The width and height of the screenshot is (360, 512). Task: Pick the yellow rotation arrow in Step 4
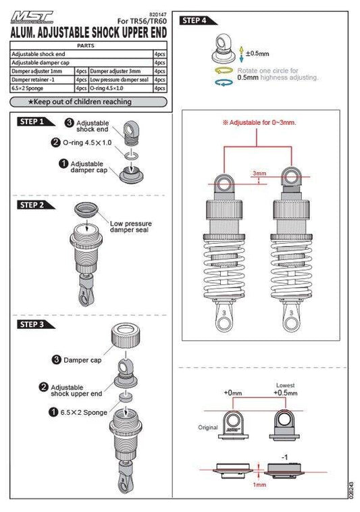pyautogui.click(x=224, y=70)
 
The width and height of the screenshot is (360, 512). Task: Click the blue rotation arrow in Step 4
pyautogui.click(x=224, y=82)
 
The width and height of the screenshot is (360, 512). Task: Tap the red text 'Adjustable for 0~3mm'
pyautogui.click(x=259, y=124)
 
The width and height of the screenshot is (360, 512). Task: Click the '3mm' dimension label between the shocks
pyautogui.click(x=259, y=173)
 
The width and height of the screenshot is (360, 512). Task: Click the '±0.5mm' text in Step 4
pyautogui.click(x=257, y=53)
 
